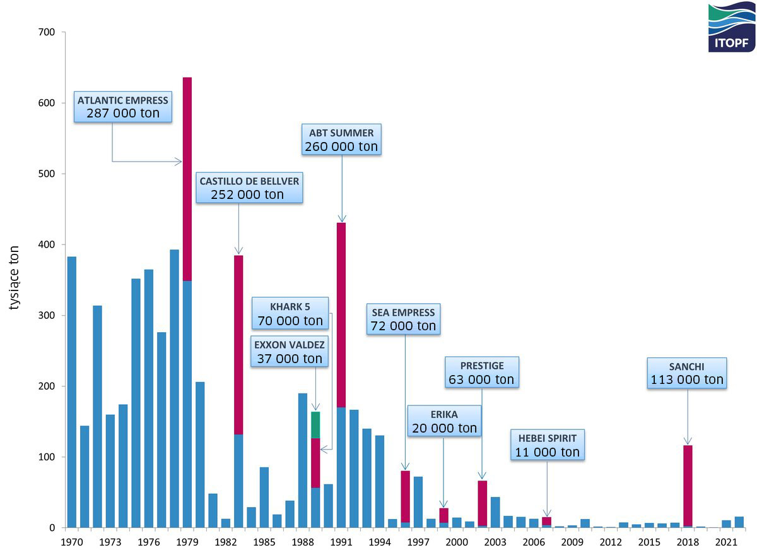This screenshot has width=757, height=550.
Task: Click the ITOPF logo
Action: (731, 27)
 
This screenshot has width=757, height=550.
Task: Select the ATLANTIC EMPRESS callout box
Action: (123, 107)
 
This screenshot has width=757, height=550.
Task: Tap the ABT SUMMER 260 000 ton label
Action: (341, 140)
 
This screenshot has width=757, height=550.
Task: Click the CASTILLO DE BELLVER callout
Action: (249, 188)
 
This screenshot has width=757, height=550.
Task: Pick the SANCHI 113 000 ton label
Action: (687, 373)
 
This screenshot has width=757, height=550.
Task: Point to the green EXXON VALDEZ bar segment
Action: (315, 425)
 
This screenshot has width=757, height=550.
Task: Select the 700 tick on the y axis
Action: (48, 32)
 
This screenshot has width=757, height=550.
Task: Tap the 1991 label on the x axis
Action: (341, 542)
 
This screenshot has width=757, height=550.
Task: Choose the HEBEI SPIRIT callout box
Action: (546, 445)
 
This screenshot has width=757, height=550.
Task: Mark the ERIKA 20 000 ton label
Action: (444, 421)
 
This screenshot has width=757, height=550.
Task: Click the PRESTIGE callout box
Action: (481, 373)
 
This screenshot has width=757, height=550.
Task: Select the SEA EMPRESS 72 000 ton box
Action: (403, 319)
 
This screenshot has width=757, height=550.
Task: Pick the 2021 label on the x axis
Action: (726, 542)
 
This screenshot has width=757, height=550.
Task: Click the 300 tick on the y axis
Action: (48, 315)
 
